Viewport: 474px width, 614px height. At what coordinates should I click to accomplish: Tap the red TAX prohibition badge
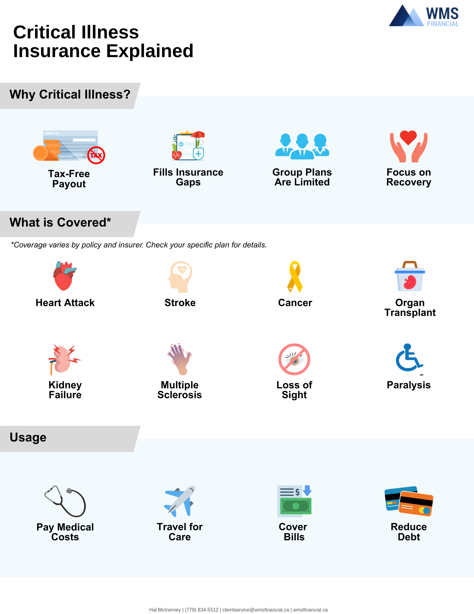[x=96, y=155]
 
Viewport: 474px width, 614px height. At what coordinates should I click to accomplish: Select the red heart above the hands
[x=408, y=137]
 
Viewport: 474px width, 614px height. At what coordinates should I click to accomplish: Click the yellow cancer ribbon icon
[x=295, y=277]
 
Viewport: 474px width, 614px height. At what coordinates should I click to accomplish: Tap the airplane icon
[x=180, y=501]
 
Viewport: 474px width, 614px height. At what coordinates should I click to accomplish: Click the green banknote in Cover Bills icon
[x=296, y=506]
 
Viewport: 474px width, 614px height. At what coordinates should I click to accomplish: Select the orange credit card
[x=416, y=503]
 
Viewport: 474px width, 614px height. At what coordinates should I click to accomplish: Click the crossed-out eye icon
[x=294, y=359]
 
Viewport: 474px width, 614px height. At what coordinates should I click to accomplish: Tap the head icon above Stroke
[x=180, y=277]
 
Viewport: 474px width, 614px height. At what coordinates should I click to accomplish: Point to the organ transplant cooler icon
[x=410, y=277]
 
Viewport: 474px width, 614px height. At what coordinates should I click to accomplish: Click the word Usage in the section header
[x=28, y=437]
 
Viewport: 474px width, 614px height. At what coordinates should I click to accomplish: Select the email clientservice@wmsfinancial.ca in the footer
[x=256, y=610]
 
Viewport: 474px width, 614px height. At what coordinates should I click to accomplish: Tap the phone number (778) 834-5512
[x=202, y=610]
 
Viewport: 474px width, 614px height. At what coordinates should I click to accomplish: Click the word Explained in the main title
[x=150, y=51]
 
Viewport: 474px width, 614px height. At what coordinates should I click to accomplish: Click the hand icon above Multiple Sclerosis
[x=180, y=359]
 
